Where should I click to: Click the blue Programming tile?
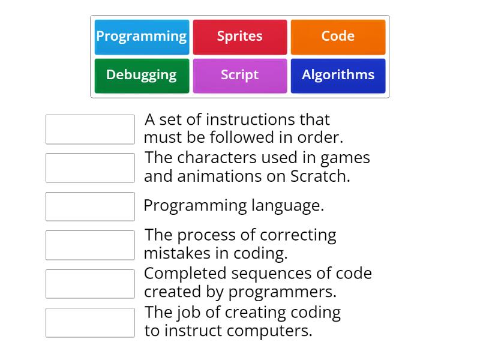click(142, 37)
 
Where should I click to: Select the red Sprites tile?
click(240, 37)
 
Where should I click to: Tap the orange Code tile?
click(338, 37)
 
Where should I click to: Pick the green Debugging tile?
click(142, 76)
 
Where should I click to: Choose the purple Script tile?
click(240, 76)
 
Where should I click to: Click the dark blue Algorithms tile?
click(338, 76)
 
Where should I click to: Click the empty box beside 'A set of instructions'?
click(90, 130)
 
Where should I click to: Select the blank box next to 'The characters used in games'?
click(90, 168)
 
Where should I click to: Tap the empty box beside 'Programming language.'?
click(90, 206)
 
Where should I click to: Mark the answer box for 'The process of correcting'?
click(90, 245)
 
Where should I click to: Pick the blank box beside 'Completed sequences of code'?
click(90, 284)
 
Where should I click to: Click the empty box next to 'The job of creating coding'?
click(90, 323)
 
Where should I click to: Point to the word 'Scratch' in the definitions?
click(319, 176)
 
